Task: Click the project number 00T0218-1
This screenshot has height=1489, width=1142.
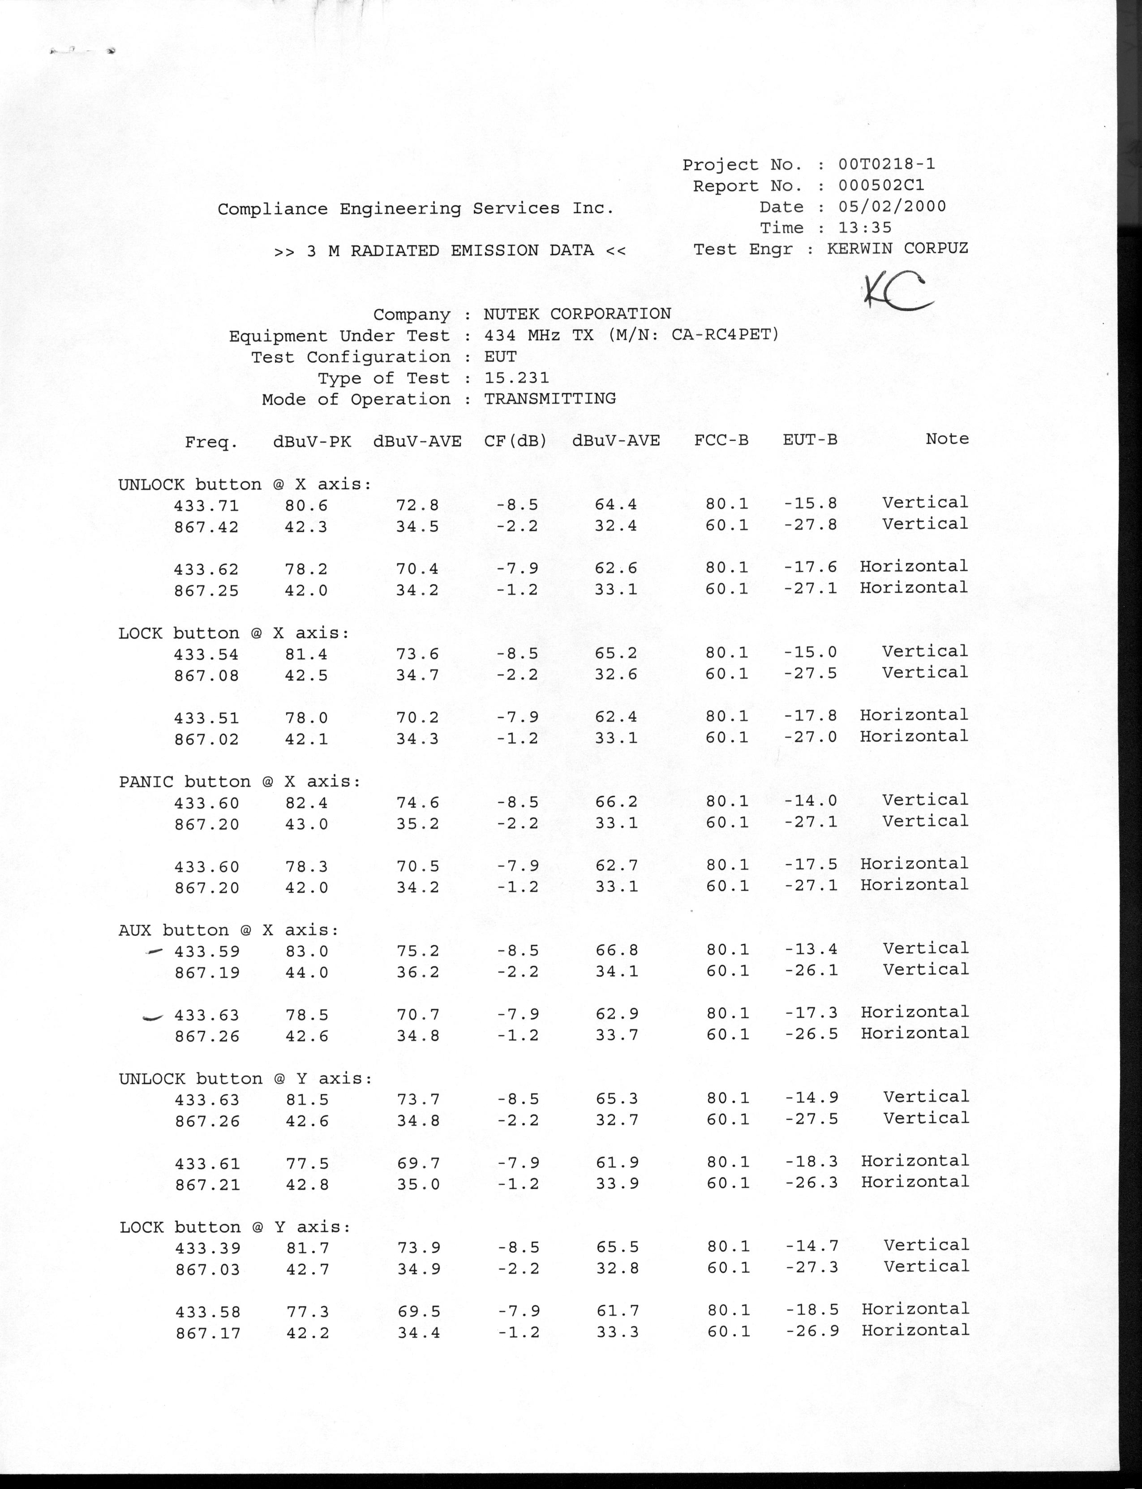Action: coord(886,164)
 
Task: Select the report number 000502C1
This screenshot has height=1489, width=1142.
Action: coord(881,185)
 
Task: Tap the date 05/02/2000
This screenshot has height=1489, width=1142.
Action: coord(892,206)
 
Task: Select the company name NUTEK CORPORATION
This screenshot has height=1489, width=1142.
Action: coord(577,314)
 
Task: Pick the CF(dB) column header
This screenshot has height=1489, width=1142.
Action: coord(515,441)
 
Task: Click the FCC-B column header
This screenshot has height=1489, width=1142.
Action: coord(721,440)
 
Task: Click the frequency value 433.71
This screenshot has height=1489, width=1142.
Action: coord(206,505)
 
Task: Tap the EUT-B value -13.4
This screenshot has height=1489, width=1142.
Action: coord(811,949)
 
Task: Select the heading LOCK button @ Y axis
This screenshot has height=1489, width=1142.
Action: coord(235,1227)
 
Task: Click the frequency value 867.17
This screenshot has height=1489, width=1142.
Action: coord(208,1333)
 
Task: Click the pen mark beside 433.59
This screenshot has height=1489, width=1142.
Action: coord(155,952)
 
